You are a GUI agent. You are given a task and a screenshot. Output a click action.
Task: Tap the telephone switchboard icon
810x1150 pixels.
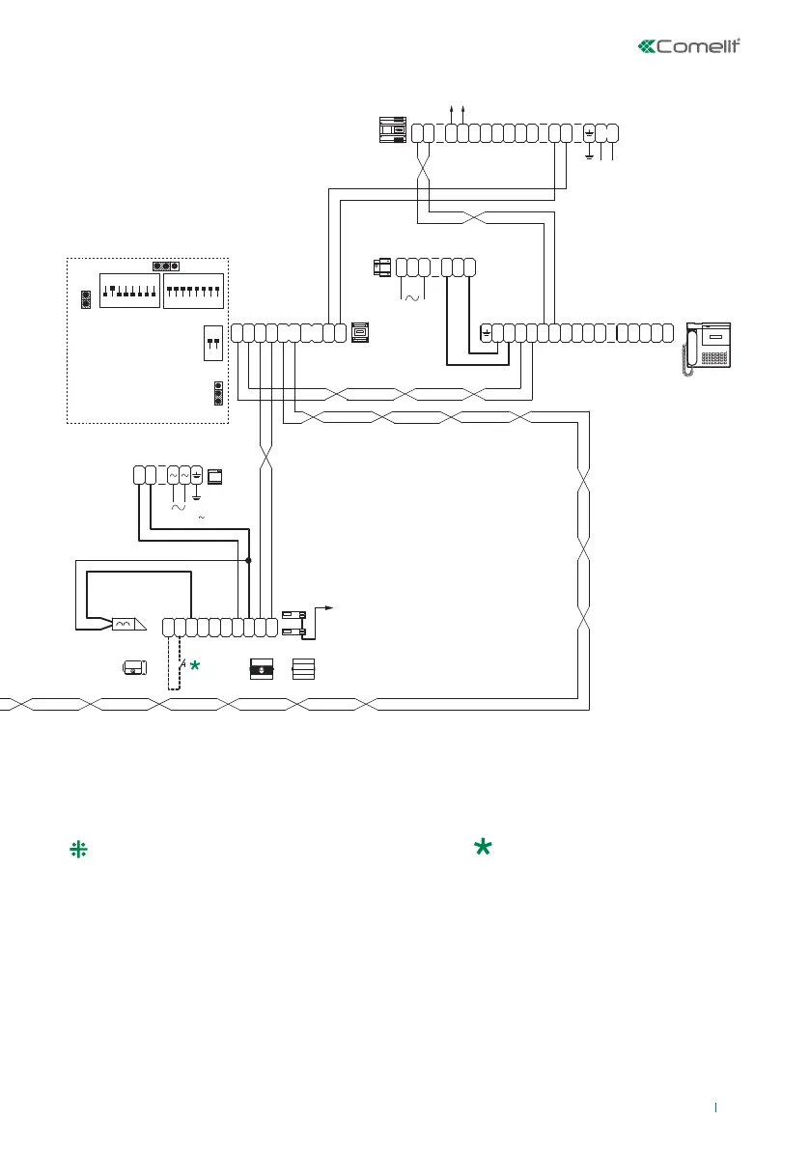[708, 346]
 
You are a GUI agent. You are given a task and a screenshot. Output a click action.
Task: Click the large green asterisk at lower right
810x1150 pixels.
[483, 847]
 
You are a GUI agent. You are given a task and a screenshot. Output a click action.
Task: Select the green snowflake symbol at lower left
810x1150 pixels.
[77, 849]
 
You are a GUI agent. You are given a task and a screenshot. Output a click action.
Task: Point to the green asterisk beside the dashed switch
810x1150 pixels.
[195, 665]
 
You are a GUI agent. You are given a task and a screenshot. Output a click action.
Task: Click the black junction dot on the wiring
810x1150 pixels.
[249, 560]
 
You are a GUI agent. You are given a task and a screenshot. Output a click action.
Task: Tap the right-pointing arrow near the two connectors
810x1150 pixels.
[330, 608]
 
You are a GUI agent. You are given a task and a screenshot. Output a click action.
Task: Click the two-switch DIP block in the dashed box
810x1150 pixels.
[213, 343]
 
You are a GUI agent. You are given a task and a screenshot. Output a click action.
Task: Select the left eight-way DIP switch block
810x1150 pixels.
[129, 292]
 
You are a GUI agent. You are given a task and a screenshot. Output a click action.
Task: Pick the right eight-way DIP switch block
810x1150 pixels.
[193, 292]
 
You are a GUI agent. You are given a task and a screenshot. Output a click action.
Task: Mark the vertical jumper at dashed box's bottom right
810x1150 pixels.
[218, 394]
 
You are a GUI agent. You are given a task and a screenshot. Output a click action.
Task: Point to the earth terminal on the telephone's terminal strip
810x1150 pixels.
[486, 333]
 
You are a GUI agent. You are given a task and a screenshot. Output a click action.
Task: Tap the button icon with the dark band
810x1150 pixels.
[262, 668]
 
